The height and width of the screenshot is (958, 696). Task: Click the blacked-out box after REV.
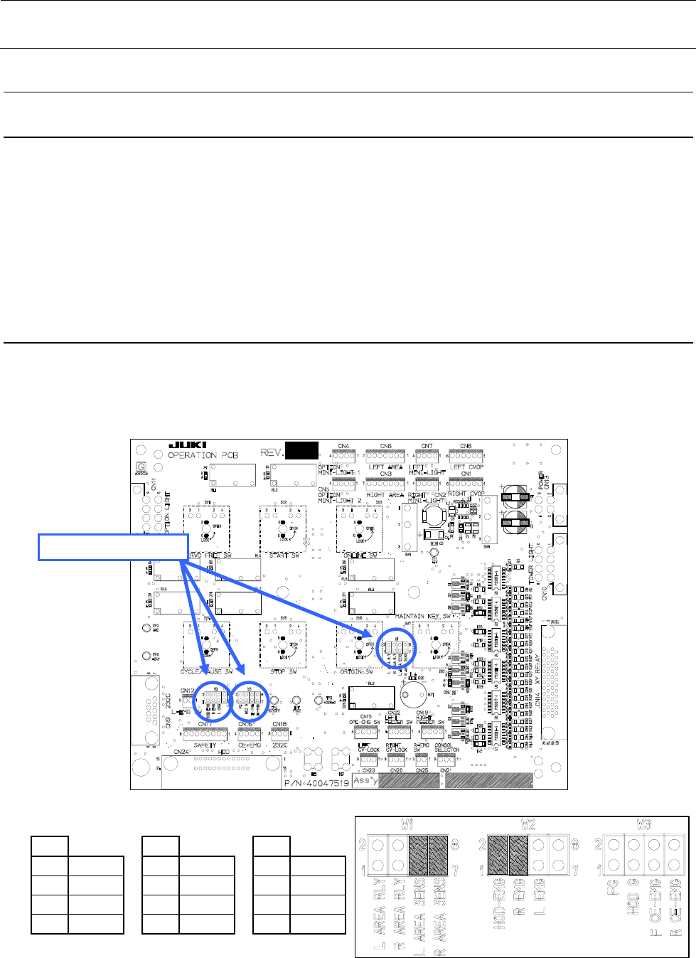click(301, 450)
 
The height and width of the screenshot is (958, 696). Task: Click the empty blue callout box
click(113, 546)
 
